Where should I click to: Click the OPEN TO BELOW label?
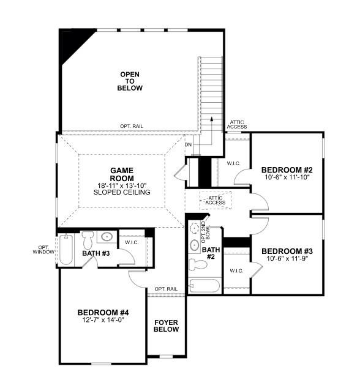coord(130,81)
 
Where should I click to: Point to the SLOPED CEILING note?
coord(121,192)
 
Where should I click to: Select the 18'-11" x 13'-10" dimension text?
coord(121,185)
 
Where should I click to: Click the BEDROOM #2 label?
coord(287,169)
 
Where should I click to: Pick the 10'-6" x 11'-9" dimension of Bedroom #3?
coord(287,258)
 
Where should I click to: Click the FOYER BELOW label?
coord(166,326)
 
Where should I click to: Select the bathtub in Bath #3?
coord(66,249)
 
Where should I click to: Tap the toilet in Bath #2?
coord(198,264)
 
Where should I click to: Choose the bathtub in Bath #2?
coord(204,286)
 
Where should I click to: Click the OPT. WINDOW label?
coord(43,249)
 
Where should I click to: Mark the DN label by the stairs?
coord(188,145)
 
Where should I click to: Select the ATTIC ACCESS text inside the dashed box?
coord(215,200)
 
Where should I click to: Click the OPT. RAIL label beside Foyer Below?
coord(166,289)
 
